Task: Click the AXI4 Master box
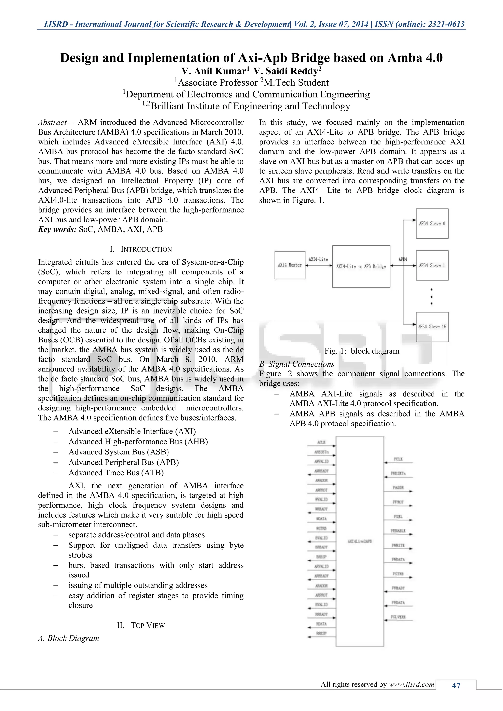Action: click(x=290, y=265)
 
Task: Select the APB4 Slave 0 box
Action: click(x=432, y=224)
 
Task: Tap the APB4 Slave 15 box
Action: click(x=432, y=327)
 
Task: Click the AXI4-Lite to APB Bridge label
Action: click(x=361, y=266)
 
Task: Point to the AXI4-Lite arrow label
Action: click(x=318, y=259)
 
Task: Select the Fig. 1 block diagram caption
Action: click(x=362, y=351)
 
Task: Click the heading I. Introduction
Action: click(x=141, y=249)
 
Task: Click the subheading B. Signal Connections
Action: click(x=296, y=364)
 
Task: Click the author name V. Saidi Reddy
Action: click(x=287, y=71)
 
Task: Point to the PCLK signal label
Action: click(x=398, y=459)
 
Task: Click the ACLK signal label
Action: click(x=321, y=442)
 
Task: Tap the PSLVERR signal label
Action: click(x=398, y=617)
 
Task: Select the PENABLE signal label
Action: click(x=398, y=531)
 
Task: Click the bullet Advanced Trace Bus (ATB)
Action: click(x=116, y=473)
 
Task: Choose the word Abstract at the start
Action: click(x=52, y=122)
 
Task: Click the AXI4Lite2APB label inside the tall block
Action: click(x=360, y=541)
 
